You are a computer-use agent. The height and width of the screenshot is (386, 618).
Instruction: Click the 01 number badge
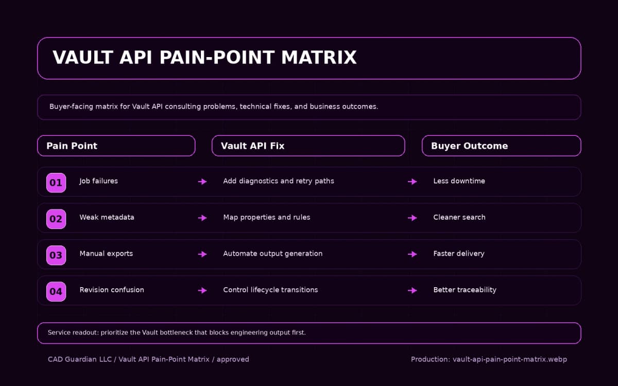56,183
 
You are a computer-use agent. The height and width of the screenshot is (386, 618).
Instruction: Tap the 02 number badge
56,219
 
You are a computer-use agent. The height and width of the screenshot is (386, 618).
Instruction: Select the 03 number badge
56,255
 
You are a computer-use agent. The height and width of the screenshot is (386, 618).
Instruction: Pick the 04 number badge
56,291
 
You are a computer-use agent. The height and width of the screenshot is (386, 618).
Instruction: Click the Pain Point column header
116,146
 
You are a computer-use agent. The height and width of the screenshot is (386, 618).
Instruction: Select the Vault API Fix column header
308,146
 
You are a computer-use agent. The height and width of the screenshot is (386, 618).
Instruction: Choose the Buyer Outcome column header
501,146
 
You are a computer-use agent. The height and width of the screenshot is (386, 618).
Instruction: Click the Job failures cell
98,181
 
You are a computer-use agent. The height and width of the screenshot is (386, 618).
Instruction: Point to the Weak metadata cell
107,217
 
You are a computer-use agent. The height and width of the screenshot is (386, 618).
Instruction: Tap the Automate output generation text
272,254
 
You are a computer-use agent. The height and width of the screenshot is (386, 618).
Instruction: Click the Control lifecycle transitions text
270,290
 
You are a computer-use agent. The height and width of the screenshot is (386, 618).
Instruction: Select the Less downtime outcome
459,181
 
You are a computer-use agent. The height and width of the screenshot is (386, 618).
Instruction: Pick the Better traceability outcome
465,290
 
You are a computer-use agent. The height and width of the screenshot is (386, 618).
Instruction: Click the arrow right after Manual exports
202,254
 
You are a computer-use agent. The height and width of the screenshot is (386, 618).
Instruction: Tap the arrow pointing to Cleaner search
412,218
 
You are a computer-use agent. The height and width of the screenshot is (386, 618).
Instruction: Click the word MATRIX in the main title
319,58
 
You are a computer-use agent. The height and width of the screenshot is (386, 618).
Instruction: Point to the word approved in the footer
233,359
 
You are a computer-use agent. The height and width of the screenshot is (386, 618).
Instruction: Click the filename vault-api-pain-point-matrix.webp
509,359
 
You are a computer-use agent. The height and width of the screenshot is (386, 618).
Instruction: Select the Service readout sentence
177,332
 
